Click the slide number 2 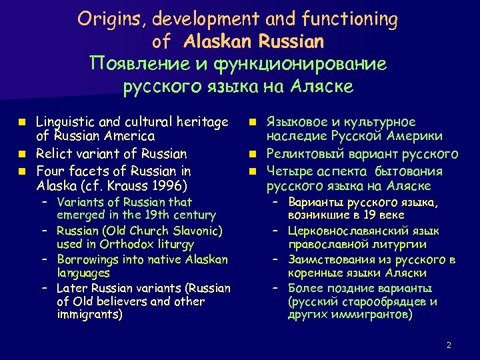tap(449, 345)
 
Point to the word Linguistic tap(67, 122)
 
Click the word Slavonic tap(197, 231)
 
